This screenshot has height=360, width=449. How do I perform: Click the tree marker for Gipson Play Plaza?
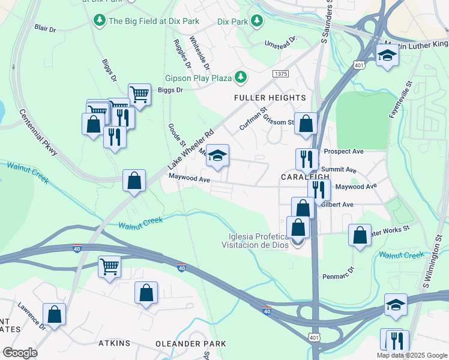(241, 77)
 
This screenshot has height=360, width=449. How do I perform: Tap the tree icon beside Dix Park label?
(257, 22)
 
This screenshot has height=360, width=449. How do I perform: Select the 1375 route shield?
(280, 73)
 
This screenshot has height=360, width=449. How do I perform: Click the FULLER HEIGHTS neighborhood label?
(270, 98)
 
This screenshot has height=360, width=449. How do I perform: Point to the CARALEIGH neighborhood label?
(306, 178)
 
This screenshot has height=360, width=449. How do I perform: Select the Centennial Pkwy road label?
(38, 133)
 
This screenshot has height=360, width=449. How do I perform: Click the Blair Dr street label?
(45, 28)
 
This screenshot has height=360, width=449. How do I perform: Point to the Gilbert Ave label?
(337, 205)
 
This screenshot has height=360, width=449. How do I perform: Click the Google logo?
(20, 353)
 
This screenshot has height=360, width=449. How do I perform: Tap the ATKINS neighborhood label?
(114, 344)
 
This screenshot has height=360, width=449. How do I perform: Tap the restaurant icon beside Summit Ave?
(307, 159)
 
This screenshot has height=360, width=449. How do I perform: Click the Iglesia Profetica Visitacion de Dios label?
(256, 240)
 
